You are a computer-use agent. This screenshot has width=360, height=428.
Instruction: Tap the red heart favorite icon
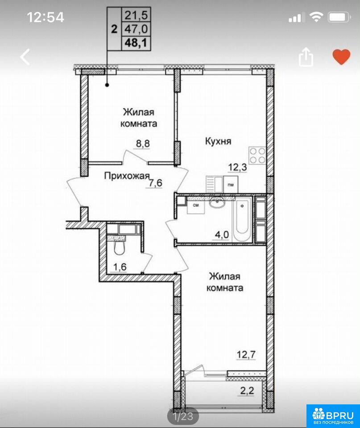(341, 57)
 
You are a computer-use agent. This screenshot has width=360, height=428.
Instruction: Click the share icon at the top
(306, 57)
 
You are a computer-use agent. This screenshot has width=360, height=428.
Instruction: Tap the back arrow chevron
(25, 57)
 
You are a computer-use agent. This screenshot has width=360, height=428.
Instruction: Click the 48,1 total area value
(136, 43)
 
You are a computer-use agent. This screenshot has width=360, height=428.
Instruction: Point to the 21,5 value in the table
(136, 15)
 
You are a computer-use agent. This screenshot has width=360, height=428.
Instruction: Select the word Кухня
(218, 141)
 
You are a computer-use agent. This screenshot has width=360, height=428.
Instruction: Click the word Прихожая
(127, 176)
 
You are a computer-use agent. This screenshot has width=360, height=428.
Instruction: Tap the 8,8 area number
(143, 143)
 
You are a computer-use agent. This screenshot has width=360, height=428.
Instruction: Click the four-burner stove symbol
(257, 156)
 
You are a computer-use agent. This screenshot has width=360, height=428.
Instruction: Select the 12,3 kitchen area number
(237, 167)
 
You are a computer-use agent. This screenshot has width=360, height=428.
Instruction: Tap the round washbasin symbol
(217, 202)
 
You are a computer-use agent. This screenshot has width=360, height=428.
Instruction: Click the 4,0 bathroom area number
(222, 235)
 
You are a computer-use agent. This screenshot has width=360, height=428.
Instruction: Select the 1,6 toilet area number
(120, 267)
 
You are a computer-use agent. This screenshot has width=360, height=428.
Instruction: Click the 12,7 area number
(246, 354)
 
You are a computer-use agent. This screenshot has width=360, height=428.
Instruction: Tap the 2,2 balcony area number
(247, 391)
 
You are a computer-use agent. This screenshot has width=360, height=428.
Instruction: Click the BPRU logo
(333, 416)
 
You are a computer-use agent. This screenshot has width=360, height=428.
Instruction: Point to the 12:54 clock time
(46, 17)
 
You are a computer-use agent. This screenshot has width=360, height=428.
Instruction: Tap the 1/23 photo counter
(183, 416)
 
